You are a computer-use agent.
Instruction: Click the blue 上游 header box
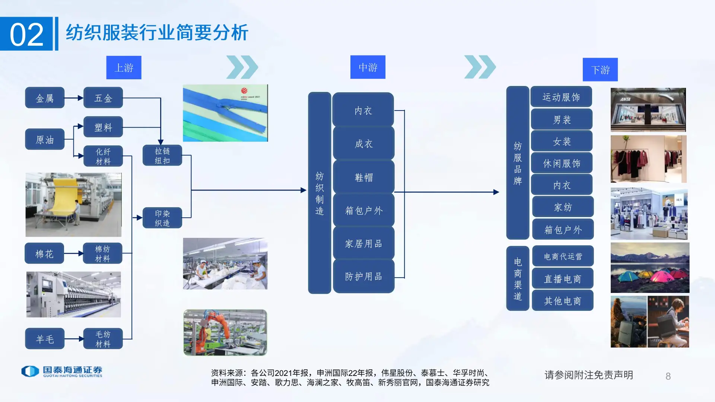point(124,67)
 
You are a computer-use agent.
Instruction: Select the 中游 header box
point(368,67)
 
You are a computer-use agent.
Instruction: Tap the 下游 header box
point(600,70)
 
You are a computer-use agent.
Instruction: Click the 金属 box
point(45,98)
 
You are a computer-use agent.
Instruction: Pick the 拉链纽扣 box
point(162,156)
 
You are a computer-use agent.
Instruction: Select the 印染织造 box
point(162,218)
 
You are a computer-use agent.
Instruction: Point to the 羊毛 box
point(45,339)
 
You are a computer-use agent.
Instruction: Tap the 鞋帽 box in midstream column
point(363,177)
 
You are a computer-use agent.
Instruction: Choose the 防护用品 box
point(363,276)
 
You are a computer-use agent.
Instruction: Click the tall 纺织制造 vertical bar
point(320,193)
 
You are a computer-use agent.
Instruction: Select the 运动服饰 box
point(561,97)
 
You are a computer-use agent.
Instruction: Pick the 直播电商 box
point(562,278)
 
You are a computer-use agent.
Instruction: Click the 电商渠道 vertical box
point(518,278)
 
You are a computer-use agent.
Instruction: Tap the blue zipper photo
point(225,113)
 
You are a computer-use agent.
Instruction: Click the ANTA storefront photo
point(648,110)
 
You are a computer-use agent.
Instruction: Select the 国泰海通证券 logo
point(62,371)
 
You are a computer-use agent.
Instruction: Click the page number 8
point(668,376)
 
